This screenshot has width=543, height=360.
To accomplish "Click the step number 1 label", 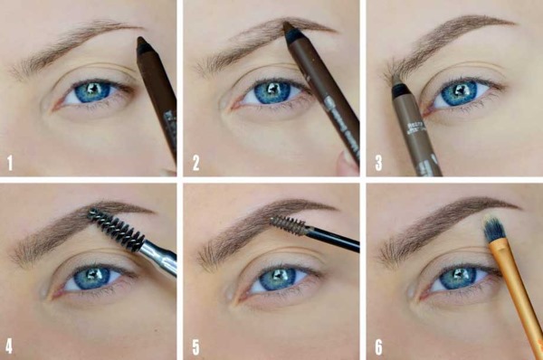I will click(x=11, y=163).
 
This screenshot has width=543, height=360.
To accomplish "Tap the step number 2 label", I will click(x=195, y=163).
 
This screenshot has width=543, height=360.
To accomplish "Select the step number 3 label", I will click(x=379, y=163).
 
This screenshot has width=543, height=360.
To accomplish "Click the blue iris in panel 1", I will click(x=91, y=91).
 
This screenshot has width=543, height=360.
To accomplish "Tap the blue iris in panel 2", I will click(x=271, y=92).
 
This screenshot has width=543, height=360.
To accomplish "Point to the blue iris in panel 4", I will click(x=90, y=278).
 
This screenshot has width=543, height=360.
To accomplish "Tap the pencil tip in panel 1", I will click(x=143, y=43).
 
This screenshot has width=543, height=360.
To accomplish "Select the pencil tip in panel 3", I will click(x=397, y=89).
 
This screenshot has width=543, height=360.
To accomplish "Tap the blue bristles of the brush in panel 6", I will click(x=493, y=231).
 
